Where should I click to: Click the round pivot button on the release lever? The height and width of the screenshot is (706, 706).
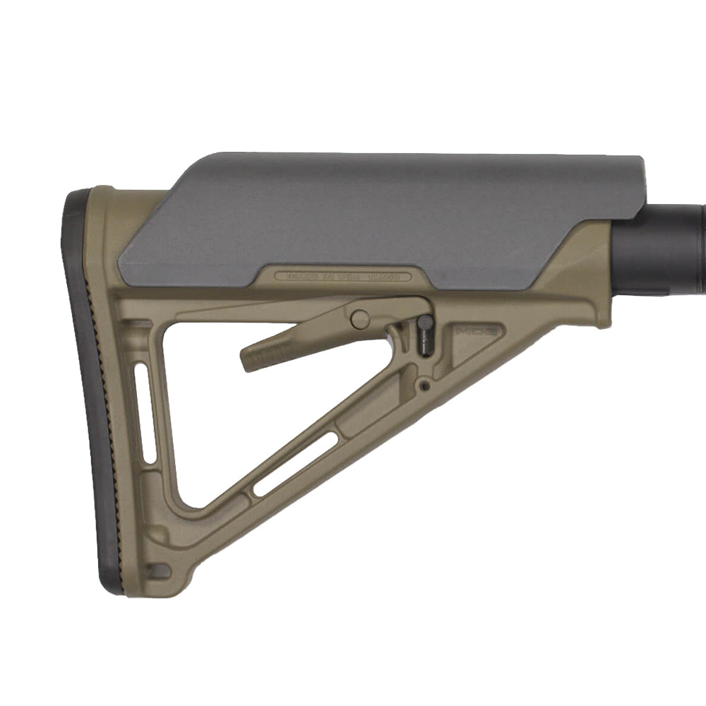(x=360, y=319)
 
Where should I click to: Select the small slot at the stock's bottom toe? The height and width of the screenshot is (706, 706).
(x=160, y=568)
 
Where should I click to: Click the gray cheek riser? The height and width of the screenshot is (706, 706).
(x=381, y=219)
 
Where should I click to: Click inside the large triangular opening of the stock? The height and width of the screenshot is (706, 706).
(x=233, y=409)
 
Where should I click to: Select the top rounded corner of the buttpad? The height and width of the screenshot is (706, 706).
(x=78, y=198)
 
